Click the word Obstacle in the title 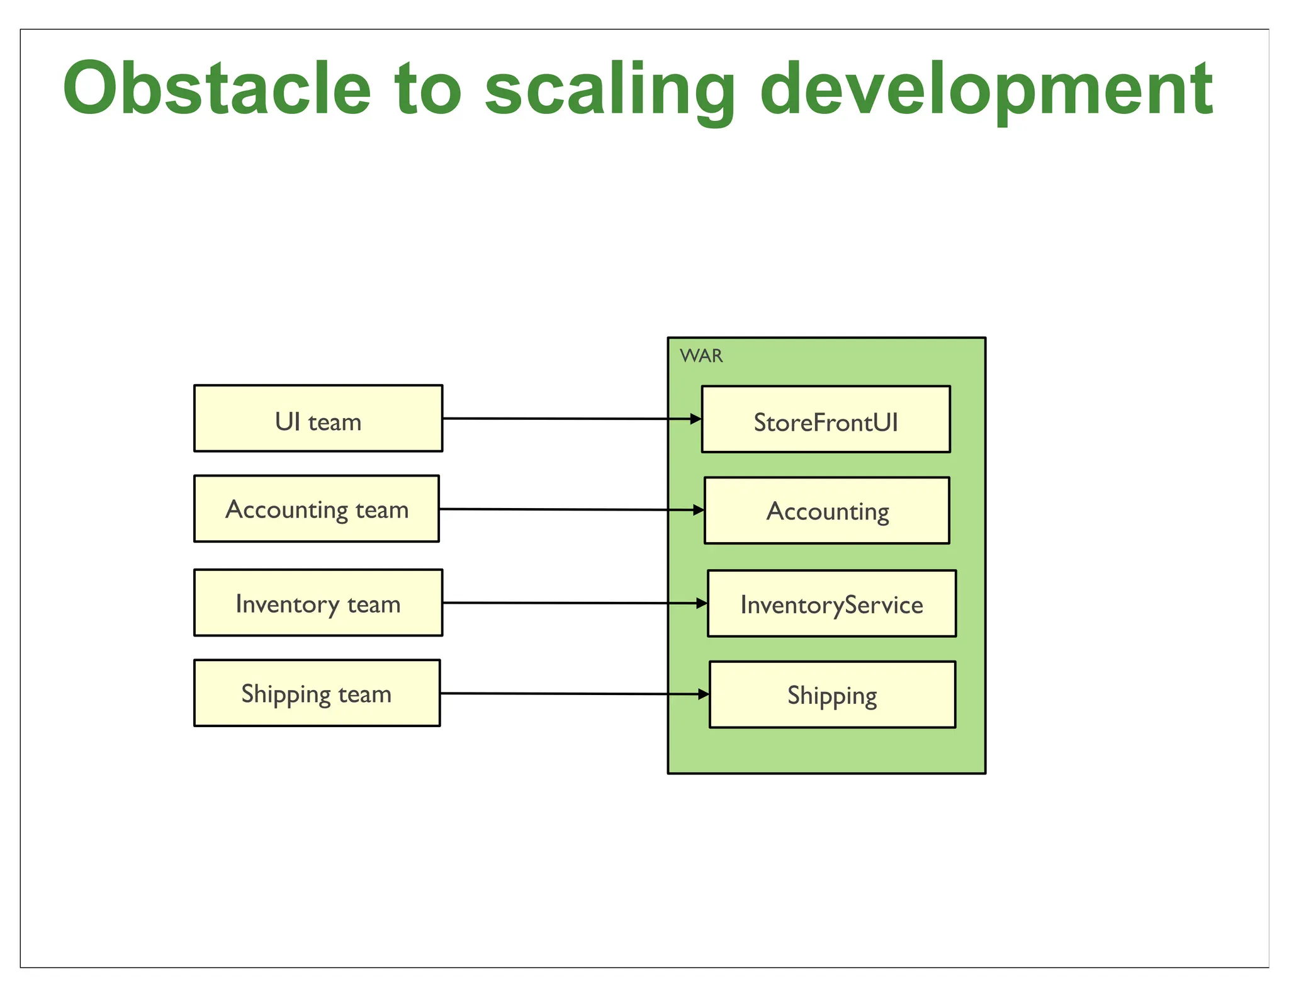click(217, 89)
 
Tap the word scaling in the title click(609, 89)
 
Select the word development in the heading click(986, 89)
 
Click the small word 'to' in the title click(427, 89)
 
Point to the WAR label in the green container click(701, 356)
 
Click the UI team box click(318, 419)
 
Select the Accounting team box click(317, 509)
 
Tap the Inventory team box click(318, 603)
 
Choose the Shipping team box click(317, 693)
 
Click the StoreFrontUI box click(826, 420)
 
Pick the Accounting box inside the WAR click(827, 511)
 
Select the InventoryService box click(831, 604)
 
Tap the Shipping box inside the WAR click(832, 695)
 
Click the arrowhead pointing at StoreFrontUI click(696, 419)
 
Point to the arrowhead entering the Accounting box click(699, 510)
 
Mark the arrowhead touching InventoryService click(702, 603)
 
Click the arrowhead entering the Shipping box click(704, 694)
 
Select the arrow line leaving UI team click(554, 418)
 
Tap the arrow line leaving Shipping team click(554, 694)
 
